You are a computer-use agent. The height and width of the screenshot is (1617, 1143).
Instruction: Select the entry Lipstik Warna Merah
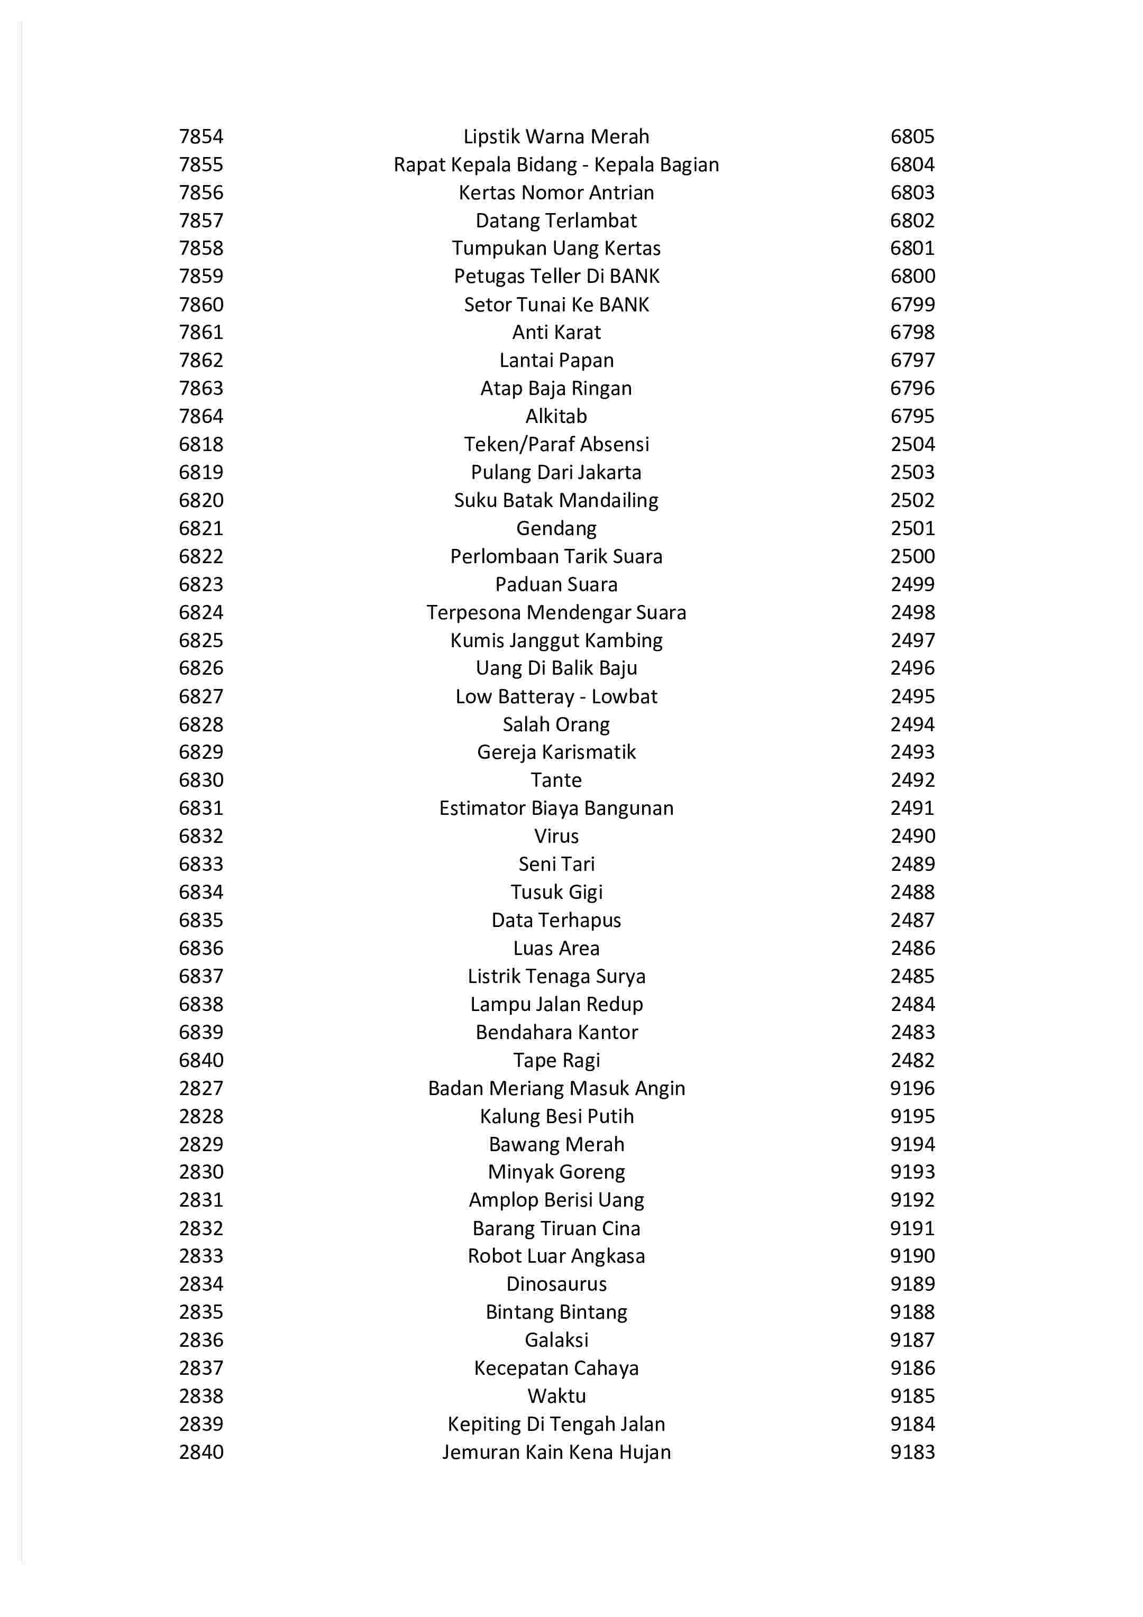pyautogui.click(x=556, y=136)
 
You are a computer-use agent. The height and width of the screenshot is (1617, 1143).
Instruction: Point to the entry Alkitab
pyautogui.click(x=556, y=416)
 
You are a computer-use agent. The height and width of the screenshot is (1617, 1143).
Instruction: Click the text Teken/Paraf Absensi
pyautogui.click(x=556, y=444)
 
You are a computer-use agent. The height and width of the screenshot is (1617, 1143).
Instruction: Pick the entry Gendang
pyautogui.click(x=556, y=528)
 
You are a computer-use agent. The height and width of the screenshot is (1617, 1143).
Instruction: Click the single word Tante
pyautogui.click(x=556, y=780)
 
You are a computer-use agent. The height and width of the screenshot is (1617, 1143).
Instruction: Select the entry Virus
pyautogui.click(x=556, y=836)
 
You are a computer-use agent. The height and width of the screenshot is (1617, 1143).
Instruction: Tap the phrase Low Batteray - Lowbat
pyautogui.click(x=556, y=696)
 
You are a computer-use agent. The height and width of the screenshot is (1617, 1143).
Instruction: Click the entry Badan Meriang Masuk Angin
pyautogui.click(x=556, y=1088)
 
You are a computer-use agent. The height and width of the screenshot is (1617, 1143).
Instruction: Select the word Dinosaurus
pyautogui.click(x=556, y=1284)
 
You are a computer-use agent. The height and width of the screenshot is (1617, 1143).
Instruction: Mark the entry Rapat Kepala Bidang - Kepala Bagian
pyautogui.click(x=556, y=165)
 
